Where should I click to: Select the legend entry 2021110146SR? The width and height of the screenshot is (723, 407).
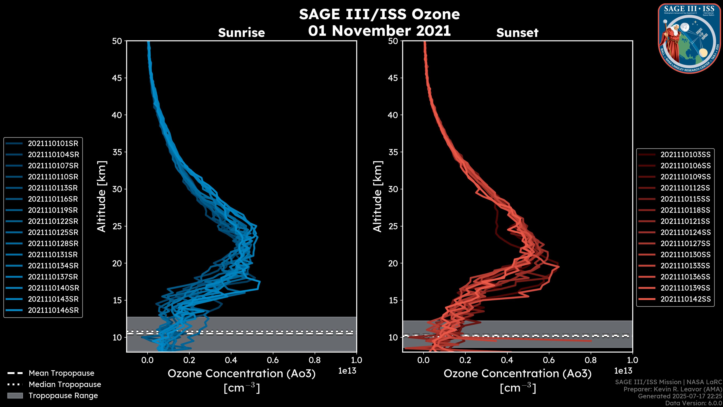click(x=53, y=310)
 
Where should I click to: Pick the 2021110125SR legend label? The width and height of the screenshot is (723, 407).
click(x=53, y=232)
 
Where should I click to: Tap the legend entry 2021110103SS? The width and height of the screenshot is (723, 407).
click(x=685, y=155)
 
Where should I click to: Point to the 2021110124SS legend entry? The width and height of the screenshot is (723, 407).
click(x=685, y=232)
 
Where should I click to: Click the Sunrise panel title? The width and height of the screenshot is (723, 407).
click(x=241, y=33)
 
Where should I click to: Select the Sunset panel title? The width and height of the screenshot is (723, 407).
click(x=517, y=33)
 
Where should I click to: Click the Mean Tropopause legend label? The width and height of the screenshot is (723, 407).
click(x=61, y=373)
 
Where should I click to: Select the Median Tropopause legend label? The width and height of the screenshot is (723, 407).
click(x=65, y=384)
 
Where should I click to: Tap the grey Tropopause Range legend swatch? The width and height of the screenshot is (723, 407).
click(x=15, y=396)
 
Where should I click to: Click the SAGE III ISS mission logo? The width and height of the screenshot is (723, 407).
click(x=689, y=38)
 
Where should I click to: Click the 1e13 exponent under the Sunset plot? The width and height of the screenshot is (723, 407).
click(x=623, y=371)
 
